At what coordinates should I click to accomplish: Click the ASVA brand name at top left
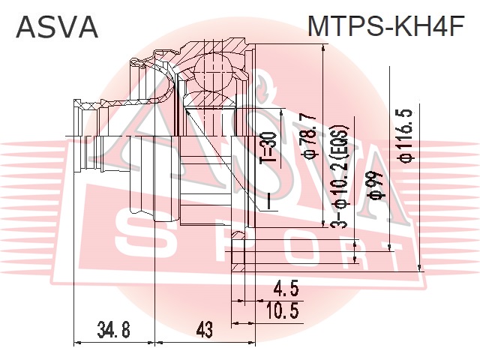pyautogui.click(x=57, y=27)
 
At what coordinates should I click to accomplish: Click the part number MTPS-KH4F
pyautogui.click(x=386, y=26)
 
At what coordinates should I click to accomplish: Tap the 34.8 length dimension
pyautogui.click(x=113, y=330)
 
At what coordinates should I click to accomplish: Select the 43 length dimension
pyautogui.click(x=205, y=330)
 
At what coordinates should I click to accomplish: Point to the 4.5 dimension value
pyautogui.click(x=285, y=289)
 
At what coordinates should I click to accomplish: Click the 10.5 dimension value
pyautogui.click(x=282, y=310)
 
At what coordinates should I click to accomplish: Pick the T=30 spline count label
pyautogui.click(x=268, y=147)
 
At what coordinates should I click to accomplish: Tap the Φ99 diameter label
pyautogui.click(x=376, y=185)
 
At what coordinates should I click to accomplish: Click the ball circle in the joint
pyautogui.click(x=213, y=72)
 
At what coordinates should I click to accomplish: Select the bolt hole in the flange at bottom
pyautogui.click(x=238, y=252)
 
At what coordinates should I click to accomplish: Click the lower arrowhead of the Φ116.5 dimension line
pyautogui.click(x=419, y=267)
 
